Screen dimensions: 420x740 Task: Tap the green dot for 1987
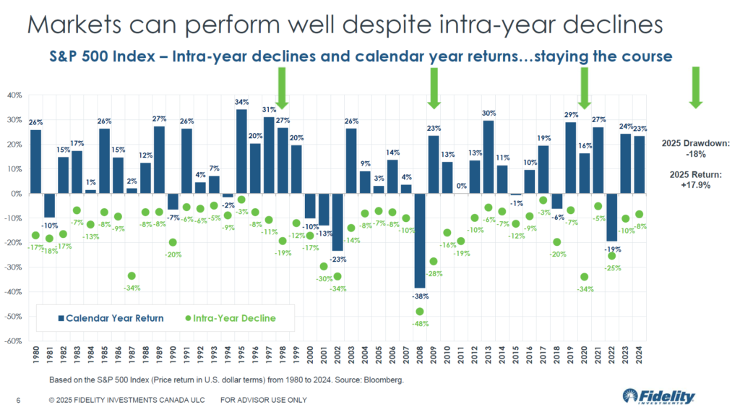click(132, 275)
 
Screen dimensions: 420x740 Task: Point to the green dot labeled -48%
click(420, 312)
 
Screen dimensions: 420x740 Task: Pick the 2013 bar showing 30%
click(489, 157)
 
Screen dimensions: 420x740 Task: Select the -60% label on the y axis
click(14, 340)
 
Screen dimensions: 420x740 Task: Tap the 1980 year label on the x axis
click(35, 357)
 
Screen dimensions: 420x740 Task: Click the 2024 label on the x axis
click(640, 357)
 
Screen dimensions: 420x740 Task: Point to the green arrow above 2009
click(434, 87)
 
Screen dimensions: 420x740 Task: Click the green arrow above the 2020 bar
click(585, 87)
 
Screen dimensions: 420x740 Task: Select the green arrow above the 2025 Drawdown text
click(695, 87)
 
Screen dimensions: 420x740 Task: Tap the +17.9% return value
click(695, 184)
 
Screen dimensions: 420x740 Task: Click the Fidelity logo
click(658, 397)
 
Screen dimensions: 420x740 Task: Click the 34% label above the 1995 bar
click(241, 102)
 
